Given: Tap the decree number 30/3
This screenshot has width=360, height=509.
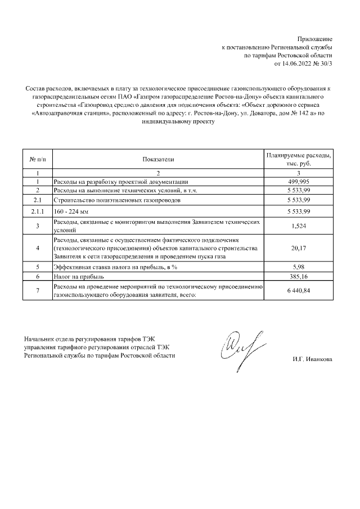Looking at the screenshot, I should click(x=326, y=64).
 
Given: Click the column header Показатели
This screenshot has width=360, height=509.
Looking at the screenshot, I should click(x=158, y=159).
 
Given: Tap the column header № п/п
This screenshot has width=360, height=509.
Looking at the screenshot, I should click(x=37, y=159).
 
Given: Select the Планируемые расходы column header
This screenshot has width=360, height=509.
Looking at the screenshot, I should click(x=299, y=159).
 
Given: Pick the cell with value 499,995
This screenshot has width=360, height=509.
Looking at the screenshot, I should click(x=299, y=182).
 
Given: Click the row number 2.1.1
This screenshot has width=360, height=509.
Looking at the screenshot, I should click(x=37, y=211).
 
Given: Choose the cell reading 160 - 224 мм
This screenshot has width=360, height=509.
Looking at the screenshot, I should click(x=67, y=211).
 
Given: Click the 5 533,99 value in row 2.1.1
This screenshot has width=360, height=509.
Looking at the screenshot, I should click(x=299, y=211).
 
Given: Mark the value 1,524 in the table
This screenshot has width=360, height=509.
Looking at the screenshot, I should click(x=299, y=227).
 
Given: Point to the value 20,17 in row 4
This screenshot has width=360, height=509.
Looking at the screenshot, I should click(x=299, y=248).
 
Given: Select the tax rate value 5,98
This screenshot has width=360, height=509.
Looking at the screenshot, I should click(x=299, y=267).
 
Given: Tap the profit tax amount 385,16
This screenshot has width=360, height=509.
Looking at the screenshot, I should click(x=299, y=277).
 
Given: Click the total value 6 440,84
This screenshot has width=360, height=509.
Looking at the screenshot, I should click(x=299, y=291).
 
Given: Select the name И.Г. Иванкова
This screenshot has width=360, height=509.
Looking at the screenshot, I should click(x=312, y=359).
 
